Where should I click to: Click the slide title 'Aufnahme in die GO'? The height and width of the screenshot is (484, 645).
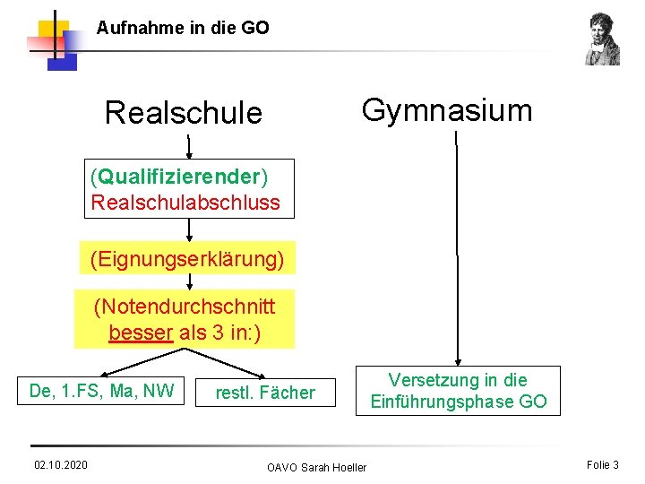183,28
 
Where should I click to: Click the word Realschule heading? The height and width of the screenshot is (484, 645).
184,114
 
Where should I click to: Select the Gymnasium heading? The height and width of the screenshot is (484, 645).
446,110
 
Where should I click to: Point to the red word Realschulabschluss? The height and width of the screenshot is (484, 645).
185,203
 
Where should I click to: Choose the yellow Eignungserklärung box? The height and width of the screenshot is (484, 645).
186,260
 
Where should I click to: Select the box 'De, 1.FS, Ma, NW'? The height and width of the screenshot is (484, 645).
101,391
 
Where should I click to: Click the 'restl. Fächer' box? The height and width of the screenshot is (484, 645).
265,393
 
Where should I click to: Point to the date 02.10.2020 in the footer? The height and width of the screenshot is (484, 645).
60,464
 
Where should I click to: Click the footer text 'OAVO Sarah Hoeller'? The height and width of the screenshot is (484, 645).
316,467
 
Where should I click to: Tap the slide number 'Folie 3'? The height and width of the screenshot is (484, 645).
602,464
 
